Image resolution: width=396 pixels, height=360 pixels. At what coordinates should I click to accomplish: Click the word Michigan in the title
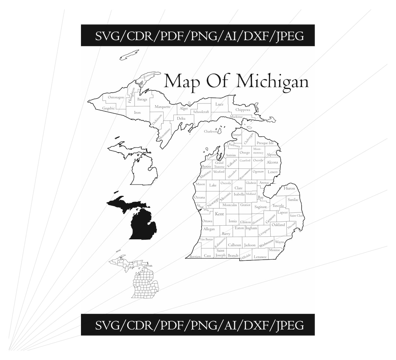272,81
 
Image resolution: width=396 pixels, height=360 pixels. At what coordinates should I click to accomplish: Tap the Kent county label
220,214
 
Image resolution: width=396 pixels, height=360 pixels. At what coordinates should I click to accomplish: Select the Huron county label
289,188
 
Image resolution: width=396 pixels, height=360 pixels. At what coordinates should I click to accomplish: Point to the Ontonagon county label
116,97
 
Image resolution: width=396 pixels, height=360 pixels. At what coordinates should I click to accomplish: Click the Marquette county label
162,107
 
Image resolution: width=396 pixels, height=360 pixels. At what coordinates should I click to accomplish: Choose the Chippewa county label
243,110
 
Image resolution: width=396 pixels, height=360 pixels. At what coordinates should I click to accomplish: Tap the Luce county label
219,104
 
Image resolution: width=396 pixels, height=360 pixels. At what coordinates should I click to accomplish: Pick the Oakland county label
278,225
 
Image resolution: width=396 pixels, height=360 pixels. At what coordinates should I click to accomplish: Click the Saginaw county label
260,207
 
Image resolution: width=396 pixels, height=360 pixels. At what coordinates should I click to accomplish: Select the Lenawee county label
260,257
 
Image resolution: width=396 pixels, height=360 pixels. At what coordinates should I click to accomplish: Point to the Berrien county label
195,257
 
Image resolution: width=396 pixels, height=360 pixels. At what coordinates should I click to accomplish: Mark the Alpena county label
272,154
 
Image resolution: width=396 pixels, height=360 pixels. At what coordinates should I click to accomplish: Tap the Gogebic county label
109,108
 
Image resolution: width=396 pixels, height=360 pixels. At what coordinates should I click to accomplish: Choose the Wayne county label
280,242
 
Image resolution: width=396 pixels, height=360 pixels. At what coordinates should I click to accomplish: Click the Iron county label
137,113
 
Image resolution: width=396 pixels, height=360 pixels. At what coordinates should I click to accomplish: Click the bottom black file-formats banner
198,325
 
